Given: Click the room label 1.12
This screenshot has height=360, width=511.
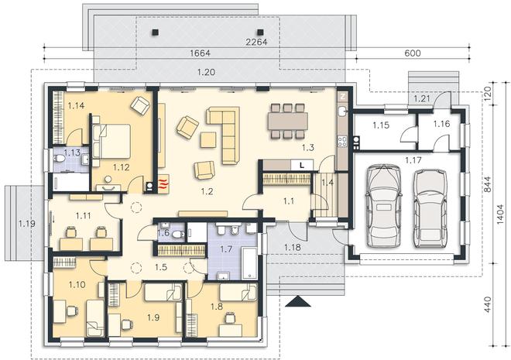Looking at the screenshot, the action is click(122, 167).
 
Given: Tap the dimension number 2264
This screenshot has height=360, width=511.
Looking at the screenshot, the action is click(256, 42).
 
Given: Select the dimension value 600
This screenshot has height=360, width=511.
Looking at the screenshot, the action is click(412, 53).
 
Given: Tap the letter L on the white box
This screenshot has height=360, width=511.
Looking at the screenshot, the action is click(302, 166).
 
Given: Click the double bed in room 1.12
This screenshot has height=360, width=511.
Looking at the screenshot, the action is click(111, 141).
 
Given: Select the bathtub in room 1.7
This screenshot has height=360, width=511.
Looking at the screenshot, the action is click(249, 263).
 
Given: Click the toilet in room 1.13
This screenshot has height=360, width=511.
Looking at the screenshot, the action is click(60, 159).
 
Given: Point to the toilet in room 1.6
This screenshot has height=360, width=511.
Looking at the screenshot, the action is click(178, 234).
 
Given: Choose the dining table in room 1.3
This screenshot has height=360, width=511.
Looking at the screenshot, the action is click(288, 122).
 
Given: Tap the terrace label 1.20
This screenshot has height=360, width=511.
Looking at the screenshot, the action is click(207, 72).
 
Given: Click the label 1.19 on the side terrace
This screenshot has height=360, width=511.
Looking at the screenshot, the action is click(27, 224).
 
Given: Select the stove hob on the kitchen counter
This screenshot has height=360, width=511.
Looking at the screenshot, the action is click(342, 141).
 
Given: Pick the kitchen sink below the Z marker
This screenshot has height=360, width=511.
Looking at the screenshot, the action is click(342, 111).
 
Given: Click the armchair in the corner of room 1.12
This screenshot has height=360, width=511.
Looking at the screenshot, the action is click(140, 105).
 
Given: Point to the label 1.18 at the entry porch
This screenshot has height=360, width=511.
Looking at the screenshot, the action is click(293, 247).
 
